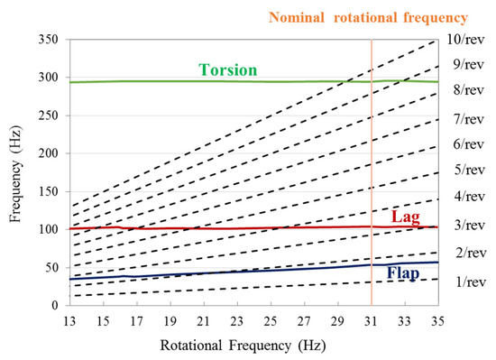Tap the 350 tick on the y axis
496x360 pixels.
pos(48,40)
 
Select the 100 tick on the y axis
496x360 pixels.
pos(48,230)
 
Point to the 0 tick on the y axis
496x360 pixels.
pos(55,306)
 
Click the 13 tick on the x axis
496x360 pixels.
pos(70,320)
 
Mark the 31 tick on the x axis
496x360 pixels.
pos(372,320)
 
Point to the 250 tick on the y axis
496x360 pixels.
pos(48,116)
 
